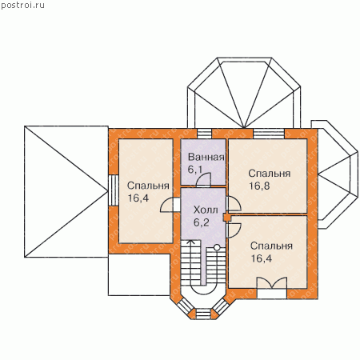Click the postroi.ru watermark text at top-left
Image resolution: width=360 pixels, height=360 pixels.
pyautogui.click(x=23, y=6)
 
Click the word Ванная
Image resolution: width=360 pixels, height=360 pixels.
pyautogui.click(x=206, y=157)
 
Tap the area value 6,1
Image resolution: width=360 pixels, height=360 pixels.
pyautogui.click(x=195, y=170)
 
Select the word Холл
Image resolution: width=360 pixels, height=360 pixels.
pyautogui.click(x=206, y=210)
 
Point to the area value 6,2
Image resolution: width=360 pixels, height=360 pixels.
pyautogui.click(x=202, y=222)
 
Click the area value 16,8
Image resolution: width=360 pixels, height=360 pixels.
pyautogui.click(x=259, y=186)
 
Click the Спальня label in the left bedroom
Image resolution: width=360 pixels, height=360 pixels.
pyautogui.click(x=148, y=186)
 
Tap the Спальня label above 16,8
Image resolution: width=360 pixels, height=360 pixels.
pyautogui.click(x=270, y=174)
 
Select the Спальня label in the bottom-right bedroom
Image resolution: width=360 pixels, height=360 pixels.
pyautogui.click(x=271, y=246)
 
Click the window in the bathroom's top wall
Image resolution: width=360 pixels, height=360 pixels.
pyautogui.click(x=204, y=134)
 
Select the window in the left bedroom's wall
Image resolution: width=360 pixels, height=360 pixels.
pyautogui.click(x=114, y=190)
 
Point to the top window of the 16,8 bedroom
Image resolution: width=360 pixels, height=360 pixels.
pyautogui.click(x=269, y=134)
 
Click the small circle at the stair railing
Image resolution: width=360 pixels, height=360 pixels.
pyautogui.click(x=217, y=247)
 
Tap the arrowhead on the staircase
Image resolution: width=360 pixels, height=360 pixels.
pyautogui.click(x=190, y=242)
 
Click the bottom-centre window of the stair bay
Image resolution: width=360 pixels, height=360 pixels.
pyautogui.click(x=203, y=314)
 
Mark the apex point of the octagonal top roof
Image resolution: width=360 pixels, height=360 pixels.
pyautogui.click(x=244, y=127)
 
